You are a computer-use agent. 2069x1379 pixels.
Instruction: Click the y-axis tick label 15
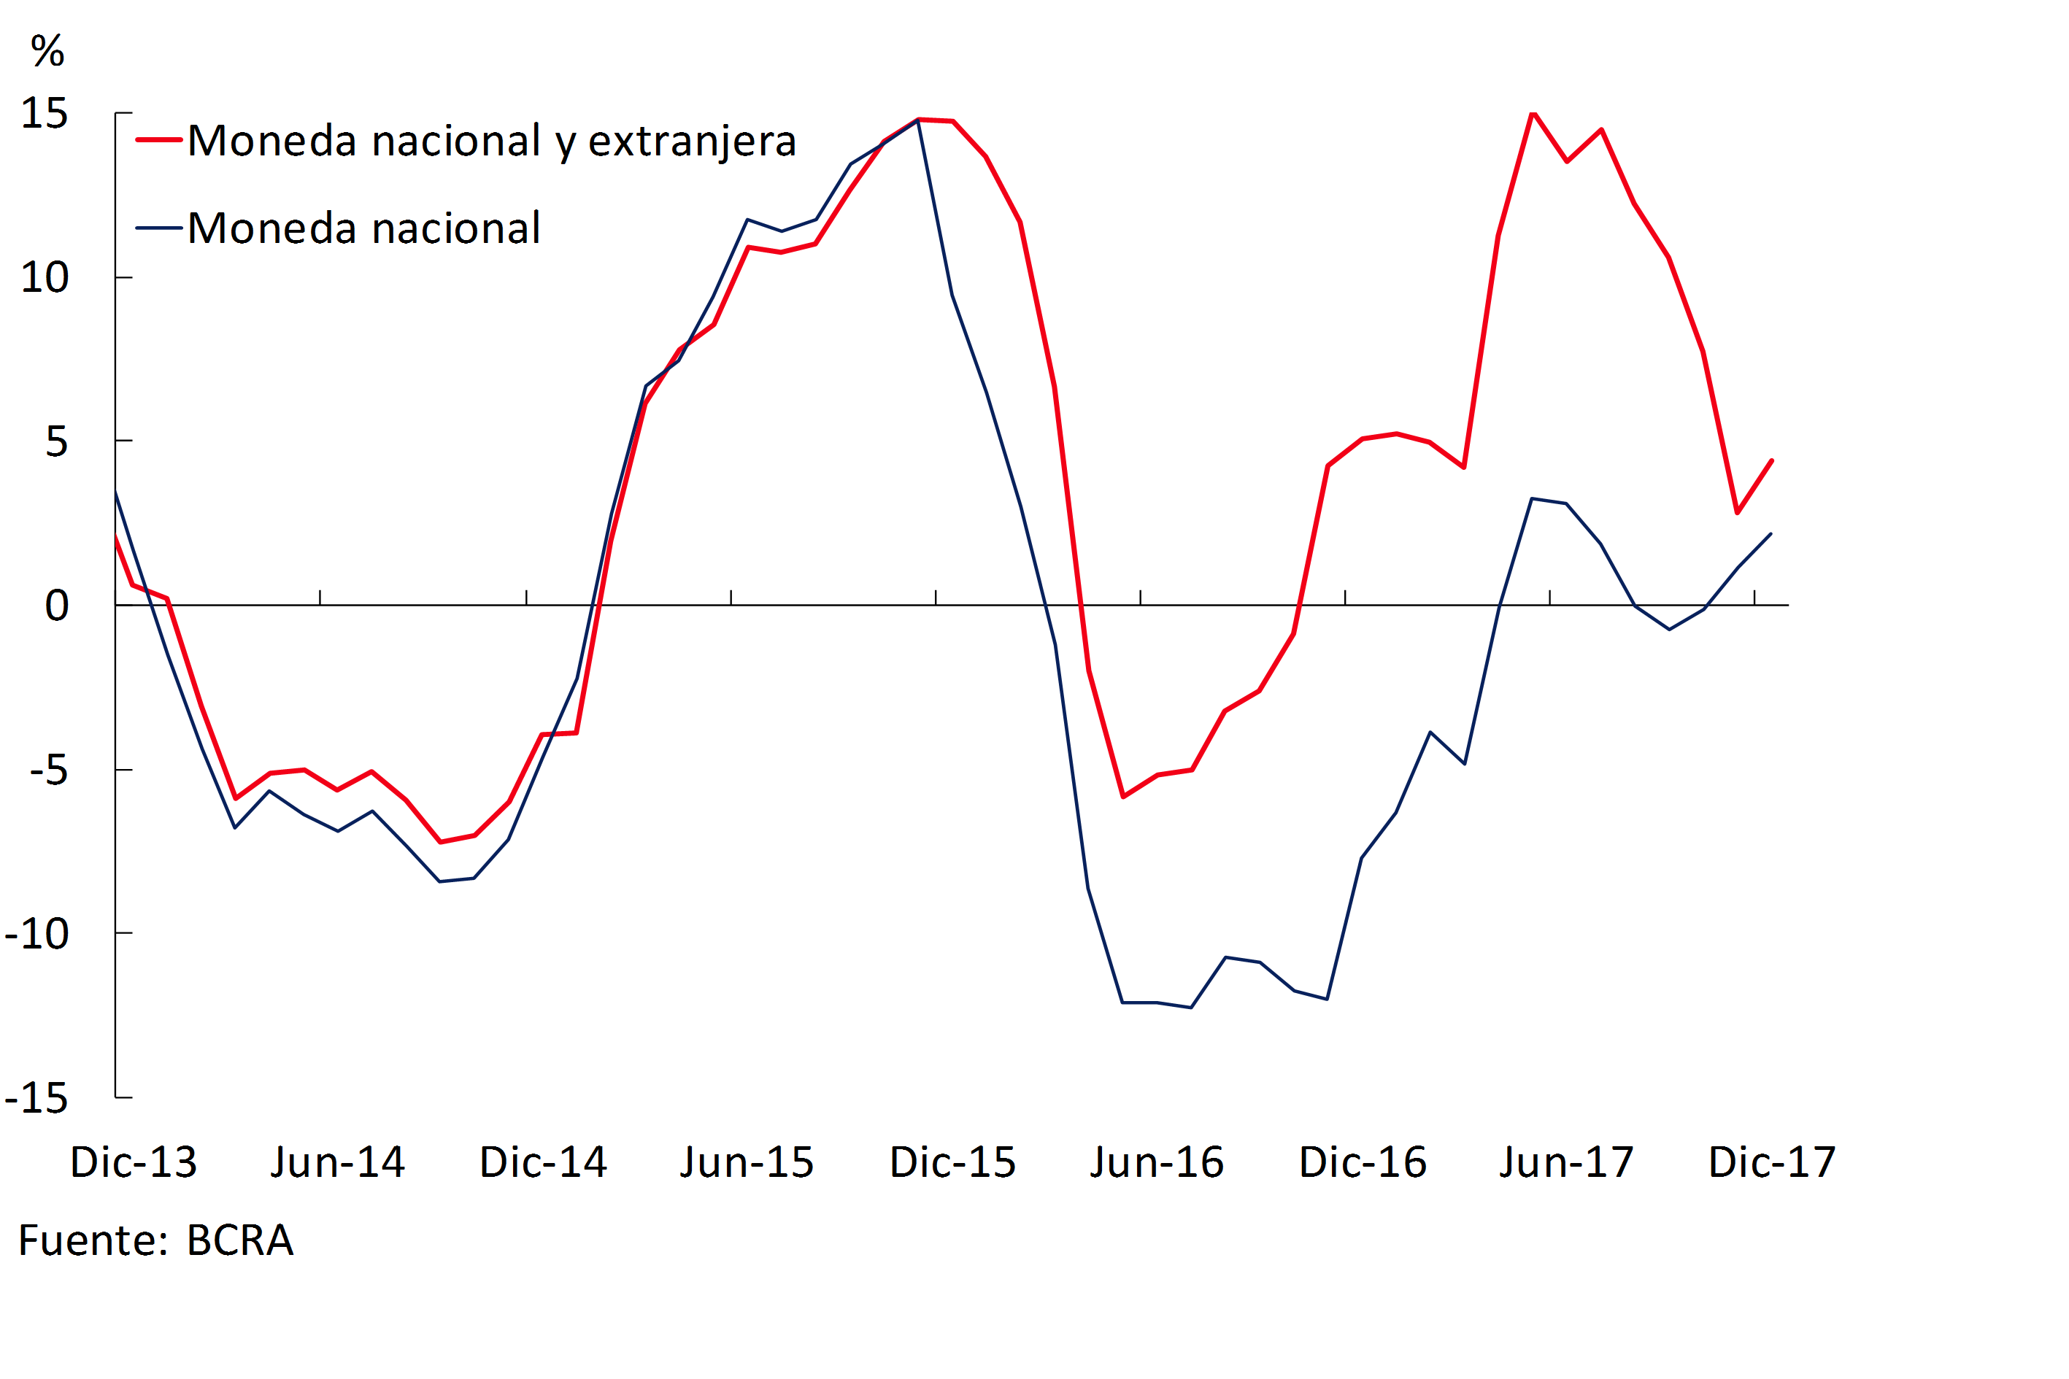[x=44, y=113]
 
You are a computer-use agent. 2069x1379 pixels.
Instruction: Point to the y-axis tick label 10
[x=44, y=278]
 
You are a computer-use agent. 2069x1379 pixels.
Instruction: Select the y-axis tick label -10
[x=37, y=934]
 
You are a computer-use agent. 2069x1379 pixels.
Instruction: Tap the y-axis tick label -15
[x=37, y=1098]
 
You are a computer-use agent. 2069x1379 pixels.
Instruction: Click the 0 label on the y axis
[x=56, y=606]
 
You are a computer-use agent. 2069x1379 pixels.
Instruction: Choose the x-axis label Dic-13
[x=134, y=1162]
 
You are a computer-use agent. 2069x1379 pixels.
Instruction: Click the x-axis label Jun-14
[x=338, y=1162]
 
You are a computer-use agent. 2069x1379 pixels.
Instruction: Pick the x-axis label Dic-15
[x=952, y=1162]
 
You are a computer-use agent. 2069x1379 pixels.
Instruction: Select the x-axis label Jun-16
[x=1157, y=1162]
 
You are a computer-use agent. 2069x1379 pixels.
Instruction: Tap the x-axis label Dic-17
[x=1772, y=1162]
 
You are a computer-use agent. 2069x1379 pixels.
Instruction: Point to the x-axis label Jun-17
[x=1567, y=1162]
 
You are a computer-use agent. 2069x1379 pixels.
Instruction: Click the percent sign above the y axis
[x=47, y=51]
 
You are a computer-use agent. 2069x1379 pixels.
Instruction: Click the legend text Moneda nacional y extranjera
[x=492, y=141]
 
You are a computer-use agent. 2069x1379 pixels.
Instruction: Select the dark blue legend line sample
[x=159, y=228]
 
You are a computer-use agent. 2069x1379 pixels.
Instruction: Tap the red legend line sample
[x=159, y=140]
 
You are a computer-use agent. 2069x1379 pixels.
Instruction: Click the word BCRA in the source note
[x=240, y=1241]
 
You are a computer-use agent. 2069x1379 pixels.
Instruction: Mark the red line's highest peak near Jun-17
[x=1533, y=115]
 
